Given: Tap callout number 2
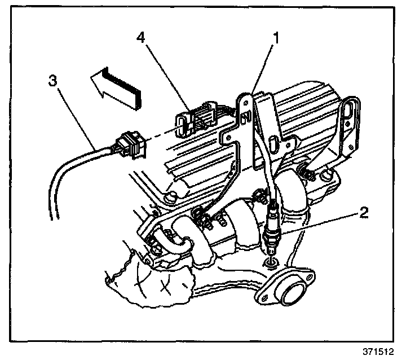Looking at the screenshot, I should pyautogui.click(x=364, y=213).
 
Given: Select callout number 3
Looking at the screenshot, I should pyautogui.click(x=52, y=81).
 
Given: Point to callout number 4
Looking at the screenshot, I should pyautogui.click(x=142, y=38).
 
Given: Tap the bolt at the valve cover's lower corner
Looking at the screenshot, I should pyautogui.click(x=169, y=197).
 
